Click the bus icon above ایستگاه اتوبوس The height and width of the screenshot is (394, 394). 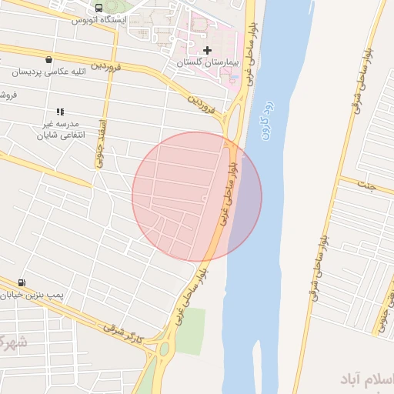98,8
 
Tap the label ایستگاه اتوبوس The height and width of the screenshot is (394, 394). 98,19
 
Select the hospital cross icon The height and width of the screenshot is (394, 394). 207,50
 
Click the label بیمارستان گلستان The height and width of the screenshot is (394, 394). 207,61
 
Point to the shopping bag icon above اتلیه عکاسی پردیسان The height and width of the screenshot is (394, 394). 49,60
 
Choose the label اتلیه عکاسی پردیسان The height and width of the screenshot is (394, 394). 45,72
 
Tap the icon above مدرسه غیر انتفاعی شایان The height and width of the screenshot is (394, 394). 60,112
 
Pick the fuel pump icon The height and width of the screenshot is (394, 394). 20,282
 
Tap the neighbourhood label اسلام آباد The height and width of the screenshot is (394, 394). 366,379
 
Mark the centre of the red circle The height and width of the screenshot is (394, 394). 197,196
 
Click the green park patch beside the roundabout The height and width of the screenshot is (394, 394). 190,331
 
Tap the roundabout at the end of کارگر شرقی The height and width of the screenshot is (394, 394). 163,350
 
